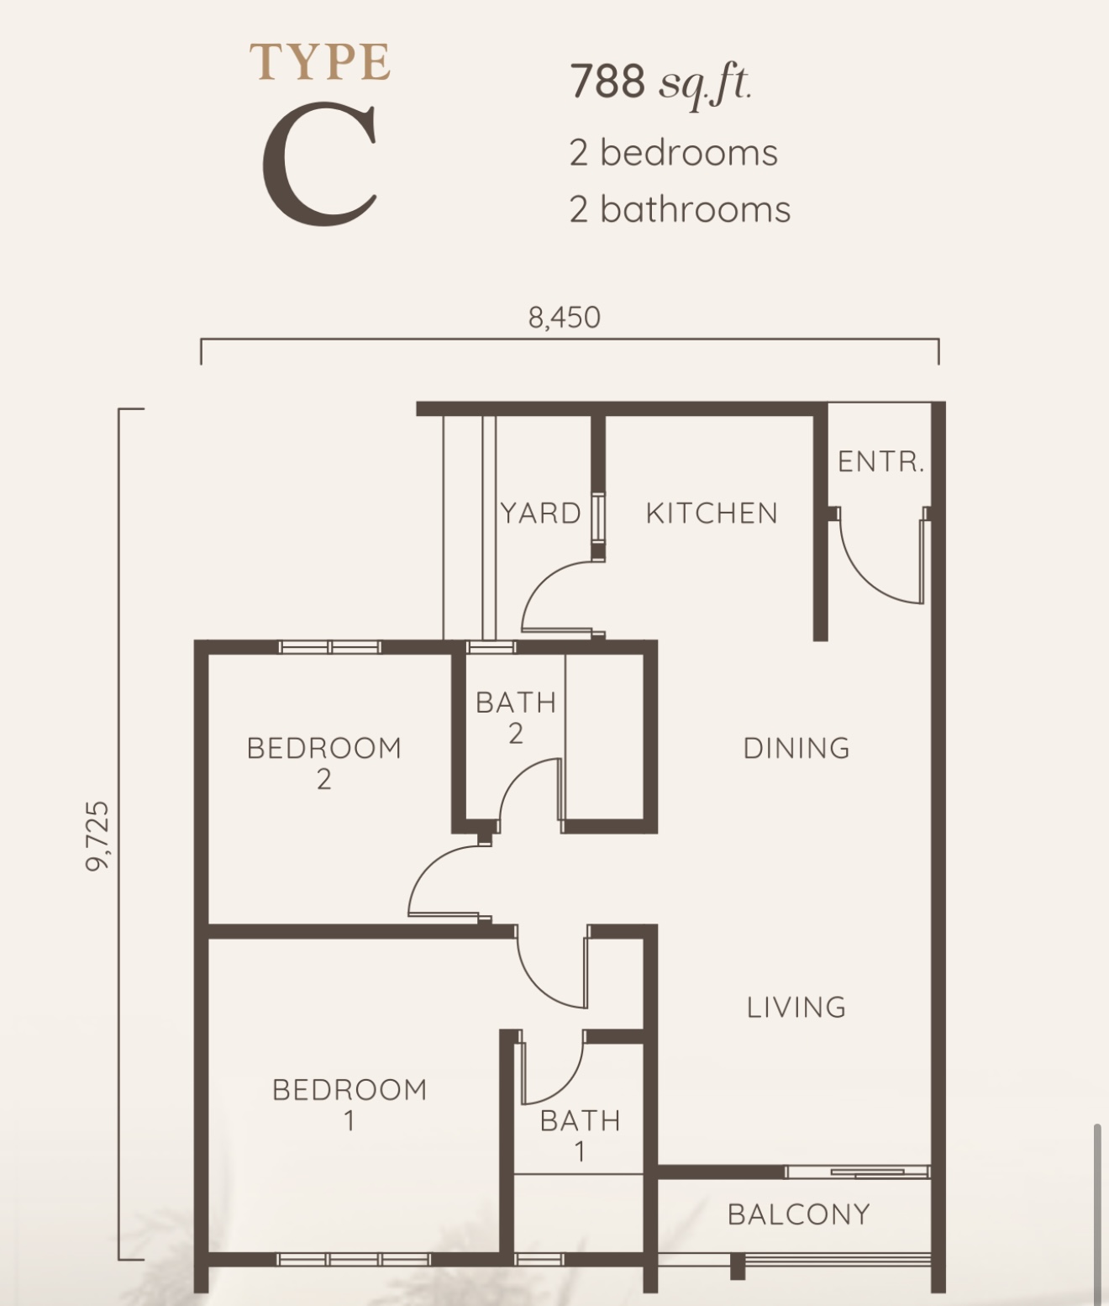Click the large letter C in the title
(x=320, y=165)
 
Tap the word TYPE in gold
(x=320, y=62)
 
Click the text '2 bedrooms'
(x=673, y=153)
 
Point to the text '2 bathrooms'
(x=680, y=209)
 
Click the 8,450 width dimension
(x=564, y=317)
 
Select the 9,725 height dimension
(x=97, y=836)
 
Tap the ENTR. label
(x=881, y=462)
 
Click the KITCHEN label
(x=712, y=513)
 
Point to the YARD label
(x=540, y=513)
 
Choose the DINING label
(x=796, y=748)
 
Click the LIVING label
(x=796, y=1007)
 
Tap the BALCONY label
(x=799, y=1214)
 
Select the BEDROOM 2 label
(x=324, y=763)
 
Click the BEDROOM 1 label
(x=350, y=1105)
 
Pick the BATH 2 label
(x=516, y=718)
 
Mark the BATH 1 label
(x=581, y=1136)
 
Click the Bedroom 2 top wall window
(x=329, y=646)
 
